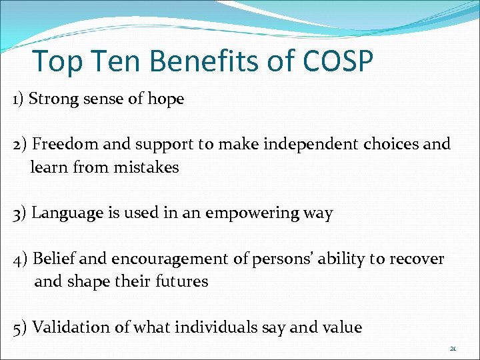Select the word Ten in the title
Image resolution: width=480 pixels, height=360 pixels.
(118, 61)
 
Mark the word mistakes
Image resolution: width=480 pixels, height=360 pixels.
(146, 167)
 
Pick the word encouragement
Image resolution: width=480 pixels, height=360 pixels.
(170, 259)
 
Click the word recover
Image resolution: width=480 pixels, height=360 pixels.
(418, 259)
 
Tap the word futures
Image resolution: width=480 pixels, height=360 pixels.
(181, 281)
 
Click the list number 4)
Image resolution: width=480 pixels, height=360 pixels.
(19, 259)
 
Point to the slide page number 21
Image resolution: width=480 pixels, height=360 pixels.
(453, 348)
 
